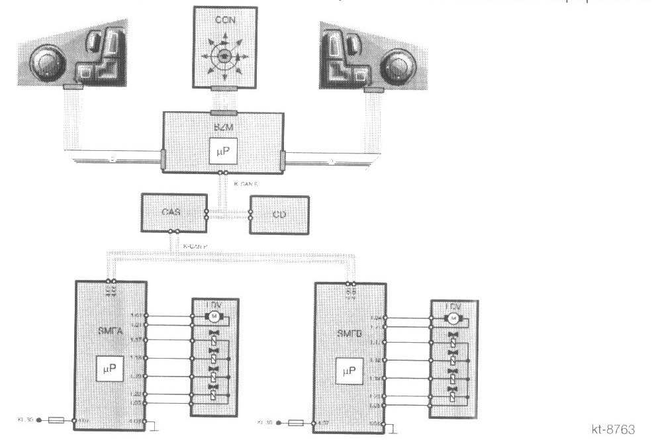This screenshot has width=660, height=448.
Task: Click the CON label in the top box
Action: pos(224,21)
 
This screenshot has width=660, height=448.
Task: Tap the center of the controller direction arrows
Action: pos(224,57)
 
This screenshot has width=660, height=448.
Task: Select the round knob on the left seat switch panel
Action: pos(46,64)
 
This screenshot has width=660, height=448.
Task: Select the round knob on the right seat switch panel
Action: pos(402,64)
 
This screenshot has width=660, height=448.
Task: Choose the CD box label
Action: pos(279,214)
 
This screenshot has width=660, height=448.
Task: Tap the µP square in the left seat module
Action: pos(110,371)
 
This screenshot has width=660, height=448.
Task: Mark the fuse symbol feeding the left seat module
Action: pos(57,420)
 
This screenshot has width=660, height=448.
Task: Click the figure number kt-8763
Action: pos(612,430)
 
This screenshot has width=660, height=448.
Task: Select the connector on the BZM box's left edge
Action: pos(164,159)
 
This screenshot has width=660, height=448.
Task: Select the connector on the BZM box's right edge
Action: pos(283,159)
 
